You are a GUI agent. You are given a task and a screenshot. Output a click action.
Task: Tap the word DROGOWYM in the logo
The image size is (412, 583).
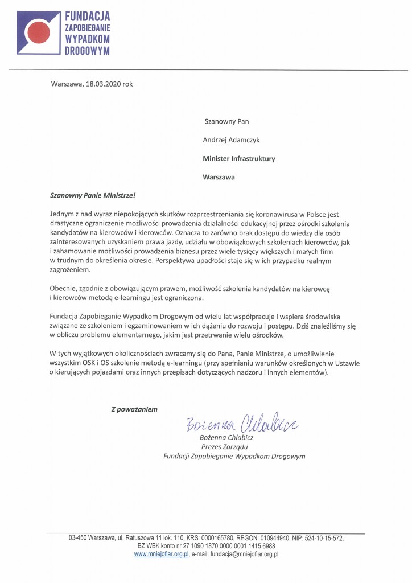click(87, 51)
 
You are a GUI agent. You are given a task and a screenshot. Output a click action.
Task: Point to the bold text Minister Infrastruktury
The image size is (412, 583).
click(239, 158)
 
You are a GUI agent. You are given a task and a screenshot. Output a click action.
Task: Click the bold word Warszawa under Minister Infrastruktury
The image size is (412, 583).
click(219, 177)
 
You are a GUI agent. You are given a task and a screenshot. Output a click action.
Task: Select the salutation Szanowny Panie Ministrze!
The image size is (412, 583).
click(93, 195)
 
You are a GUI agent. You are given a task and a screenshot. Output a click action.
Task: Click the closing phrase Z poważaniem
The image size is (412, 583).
click(134, 408)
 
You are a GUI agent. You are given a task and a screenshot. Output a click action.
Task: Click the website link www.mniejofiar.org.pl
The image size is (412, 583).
click(161, 553)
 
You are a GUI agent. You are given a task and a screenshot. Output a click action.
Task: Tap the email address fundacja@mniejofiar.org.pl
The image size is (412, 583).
click(242, 553)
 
